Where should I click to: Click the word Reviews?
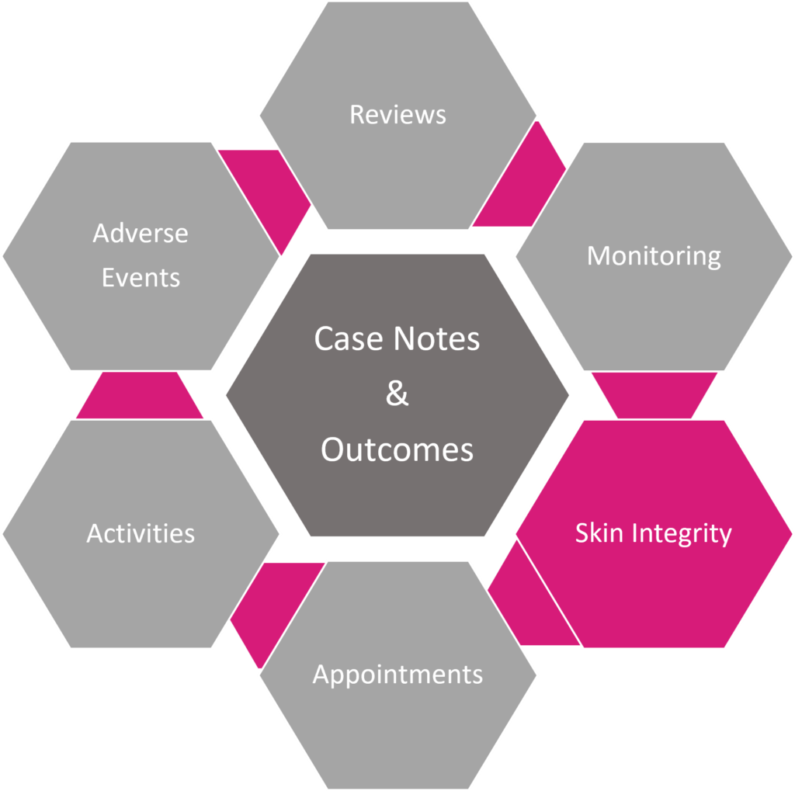[x=397, y=115]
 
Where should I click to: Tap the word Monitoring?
[x=654, y=255]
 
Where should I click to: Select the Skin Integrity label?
[x=653, y=533]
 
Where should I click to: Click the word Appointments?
[x=397, y=674]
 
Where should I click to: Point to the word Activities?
[x=141, y=533]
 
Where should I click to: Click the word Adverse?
[x=141, y=233]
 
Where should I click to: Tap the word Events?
[x=141, y=277]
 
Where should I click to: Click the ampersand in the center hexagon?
[x=397, y=394]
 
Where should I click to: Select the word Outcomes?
[x=397, y=449]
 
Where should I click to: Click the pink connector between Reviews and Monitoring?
[x=520, y=186]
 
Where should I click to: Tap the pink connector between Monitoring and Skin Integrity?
[x=654, y=395]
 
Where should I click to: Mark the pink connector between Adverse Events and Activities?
[x=140, y=395]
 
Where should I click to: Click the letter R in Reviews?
[x=356, y=115]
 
